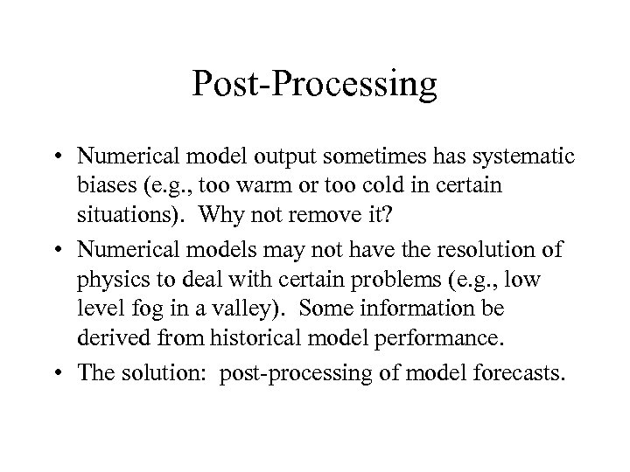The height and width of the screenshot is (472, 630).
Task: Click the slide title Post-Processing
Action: pos(315,85)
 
